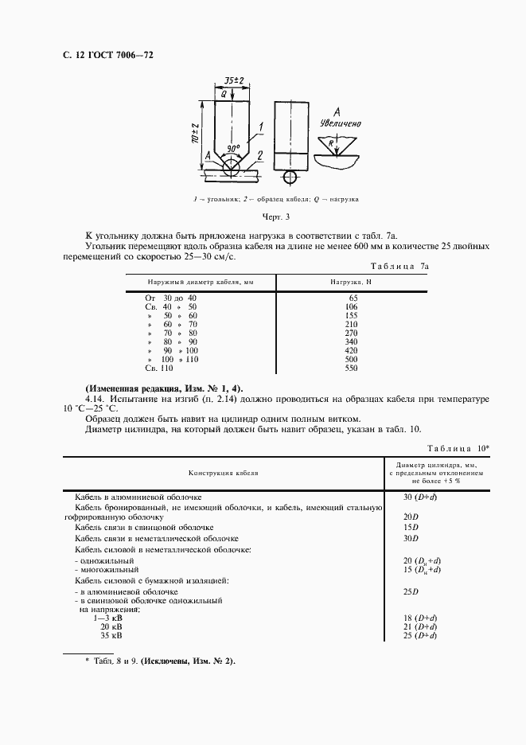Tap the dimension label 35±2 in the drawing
234,82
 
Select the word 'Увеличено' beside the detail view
341,124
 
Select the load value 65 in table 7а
353,297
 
